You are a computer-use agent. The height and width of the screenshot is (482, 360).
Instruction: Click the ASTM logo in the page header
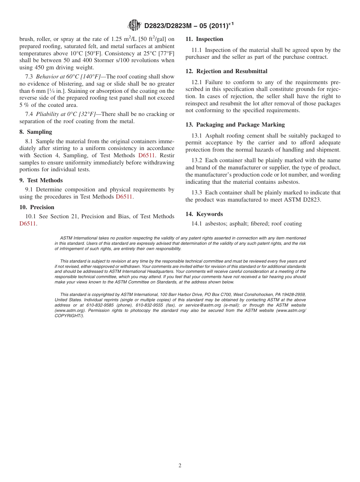click(x=134, y=25)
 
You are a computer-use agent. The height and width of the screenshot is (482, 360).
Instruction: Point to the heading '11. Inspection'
click(x=204, y=39)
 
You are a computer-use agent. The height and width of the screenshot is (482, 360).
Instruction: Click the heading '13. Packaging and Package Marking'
click(x=235, y=125)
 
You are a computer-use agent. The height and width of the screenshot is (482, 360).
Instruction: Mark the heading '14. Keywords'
click(x=204, y=214)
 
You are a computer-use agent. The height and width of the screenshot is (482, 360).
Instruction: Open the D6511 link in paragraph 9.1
click(x=124, y=197)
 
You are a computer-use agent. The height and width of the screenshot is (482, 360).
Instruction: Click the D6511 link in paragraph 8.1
click(x=146, y=155)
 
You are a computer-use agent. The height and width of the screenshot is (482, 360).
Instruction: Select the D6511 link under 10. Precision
click(x=28, y=224)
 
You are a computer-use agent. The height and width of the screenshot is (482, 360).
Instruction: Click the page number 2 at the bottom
click(x=180, y=466)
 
